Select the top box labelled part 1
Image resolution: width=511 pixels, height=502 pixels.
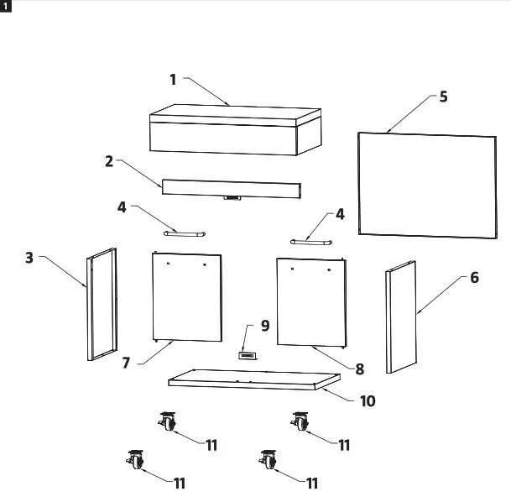coord(234,130)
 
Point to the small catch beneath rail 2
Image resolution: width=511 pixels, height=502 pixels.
coord(232,200)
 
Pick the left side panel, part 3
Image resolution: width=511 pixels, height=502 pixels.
coord(101,305)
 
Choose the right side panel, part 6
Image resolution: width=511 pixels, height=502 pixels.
coord(401,316)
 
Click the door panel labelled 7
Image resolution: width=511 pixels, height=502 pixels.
coord(188,296)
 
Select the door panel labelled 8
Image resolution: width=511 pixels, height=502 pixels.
coord(310,302)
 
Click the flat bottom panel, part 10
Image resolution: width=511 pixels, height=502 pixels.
coord(248,380)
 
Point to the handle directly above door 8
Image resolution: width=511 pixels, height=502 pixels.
coord(310,241)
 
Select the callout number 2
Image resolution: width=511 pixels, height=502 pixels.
coord(109,160)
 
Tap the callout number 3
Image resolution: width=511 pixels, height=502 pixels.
coord(29,259)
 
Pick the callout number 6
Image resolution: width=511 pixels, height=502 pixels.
coord(474,278)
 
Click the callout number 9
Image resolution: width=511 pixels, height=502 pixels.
coord(265,326)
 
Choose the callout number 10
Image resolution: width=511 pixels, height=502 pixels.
coord(367,401)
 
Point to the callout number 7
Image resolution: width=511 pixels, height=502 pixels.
coord(127,363)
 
